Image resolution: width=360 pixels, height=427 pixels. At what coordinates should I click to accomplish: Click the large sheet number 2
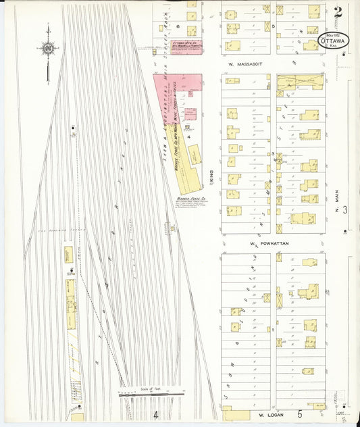337,11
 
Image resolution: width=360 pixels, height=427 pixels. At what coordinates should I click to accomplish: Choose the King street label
211,176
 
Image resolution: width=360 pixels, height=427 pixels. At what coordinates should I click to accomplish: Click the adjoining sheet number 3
344,211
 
